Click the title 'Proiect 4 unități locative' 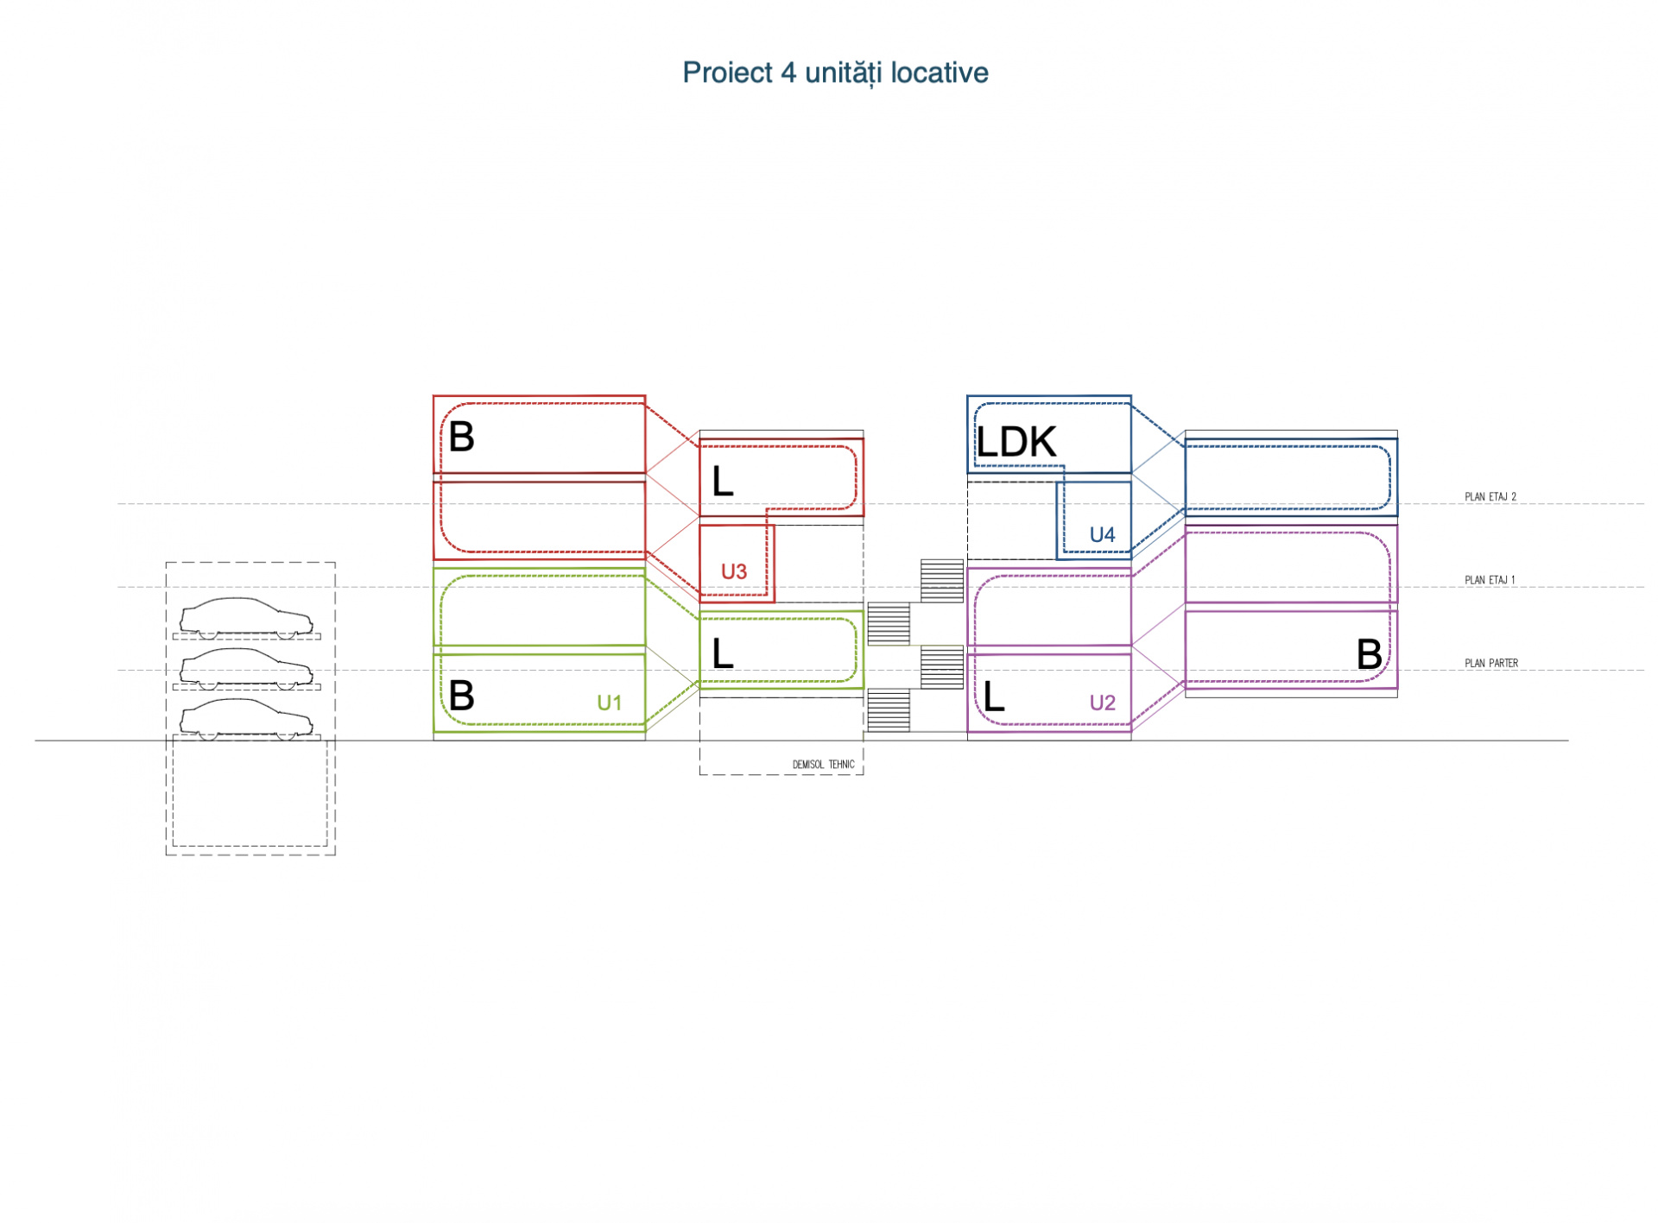(x=835, y=73)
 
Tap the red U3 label (x=733, y=571)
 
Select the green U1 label (x=609, y=703)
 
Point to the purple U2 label (x=1102, y=703)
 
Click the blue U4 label (x=1102, y=534)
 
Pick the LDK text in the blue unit (x=1016, y=442)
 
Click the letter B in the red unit (x=461, y=437)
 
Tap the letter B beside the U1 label (x=461, y=695)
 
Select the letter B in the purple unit (x=1369, y=654)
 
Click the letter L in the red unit (x=723, y=481)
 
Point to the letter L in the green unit (x=723, y=653)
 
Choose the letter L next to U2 (x=994, y=696)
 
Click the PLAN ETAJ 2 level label (x=1490, y=497)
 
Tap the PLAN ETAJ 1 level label (x=1490, y=580)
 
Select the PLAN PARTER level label (x=1490, y=663)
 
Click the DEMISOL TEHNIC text (x=823, y=765)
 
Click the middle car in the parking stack (x=246, y=669)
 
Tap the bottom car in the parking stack (x=246, y=719)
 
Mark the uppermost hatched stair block (x=941, y=581)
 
